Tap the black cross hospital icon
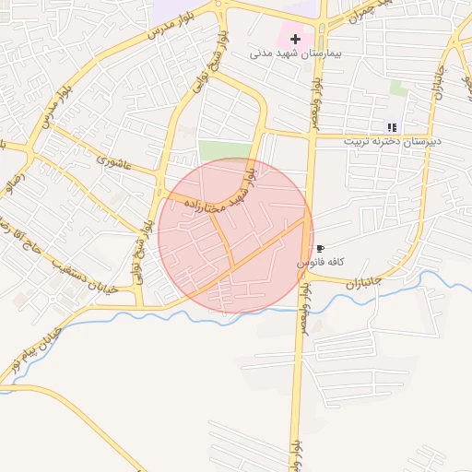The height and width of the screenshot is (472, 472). click(295, 39)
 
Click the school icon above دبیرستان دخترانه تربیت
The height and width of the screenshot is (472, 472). click(392, 127)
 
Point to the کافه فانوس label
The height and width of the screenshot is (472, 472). click(320, 263)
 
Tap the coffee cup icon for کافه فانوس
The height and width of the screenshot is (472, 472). click(320, 249)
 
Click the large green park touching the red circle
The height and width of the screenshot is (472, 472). click(225, 151)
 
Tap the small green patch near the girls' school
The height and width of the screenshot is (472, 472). click(397, 88)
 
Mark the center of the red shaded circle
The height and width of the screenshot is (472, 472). click(235, 236)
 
